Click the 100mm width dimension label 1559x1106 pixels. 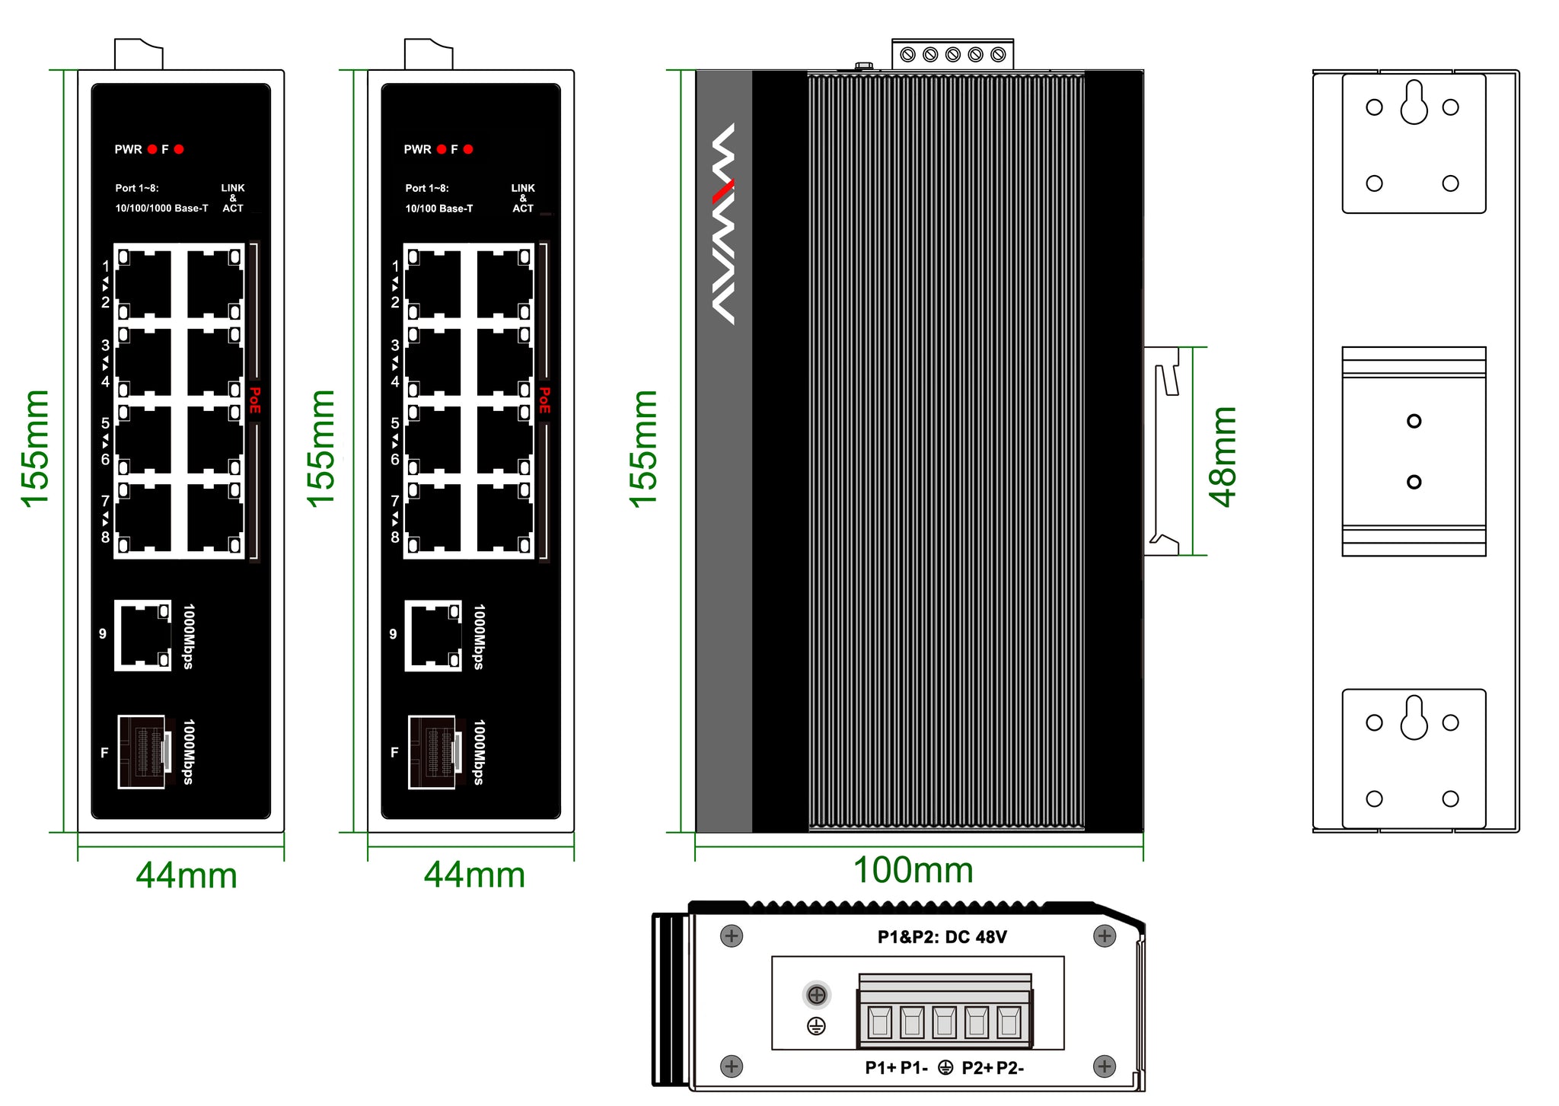(913, 870)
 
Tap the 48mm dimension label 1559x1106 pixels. (1223, 456)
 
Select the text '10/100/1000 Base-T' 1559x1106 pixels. (161, 209)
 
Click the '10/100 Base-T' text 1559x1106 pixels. (438, 209)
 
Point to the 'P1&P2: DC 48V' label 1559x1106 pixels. (942, 937)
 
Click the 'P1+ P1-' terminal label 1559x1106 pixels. (896, 1068)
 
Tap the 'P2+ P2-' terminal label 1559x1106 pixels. (993, 1068)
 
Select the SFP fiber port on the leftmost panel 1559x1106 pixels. (142, 752)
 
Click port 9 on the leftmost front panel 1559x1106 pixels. (142, 635)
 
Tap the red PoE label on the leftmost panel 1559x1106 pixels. (255, 400)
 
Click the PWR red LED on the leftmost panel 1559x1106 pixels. (152, 149)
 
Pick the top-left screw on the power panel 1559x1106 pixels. (732, 935)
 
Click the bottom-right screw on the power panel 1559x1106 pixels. (1105, 1066)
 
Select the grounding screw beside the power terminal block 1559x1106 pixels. (817, 994)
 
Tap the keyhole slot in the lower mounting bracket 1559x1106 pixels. (1414, 719)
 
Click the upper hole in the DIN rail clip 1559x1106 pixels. (1414, 421)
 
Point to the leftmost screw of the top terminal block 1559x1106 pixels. (907, 55)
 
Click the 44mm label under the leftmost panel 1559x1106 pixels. (187, 875)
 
